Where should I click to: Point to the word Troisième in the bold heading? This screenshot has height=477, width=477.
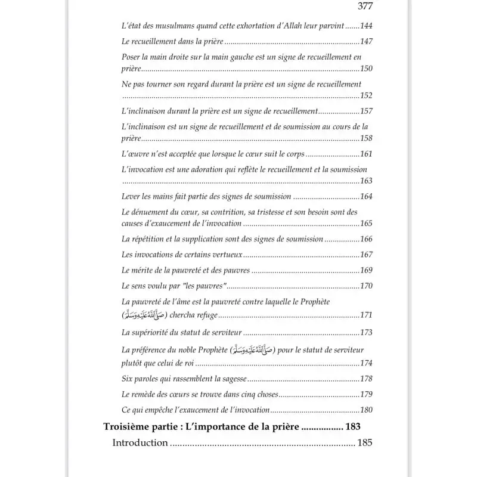(127, 427)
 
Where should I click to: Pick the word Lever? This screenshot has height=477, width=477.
(131, 197)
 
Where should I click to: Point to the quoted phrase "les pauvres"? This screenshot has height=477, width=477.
(205, 286)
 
